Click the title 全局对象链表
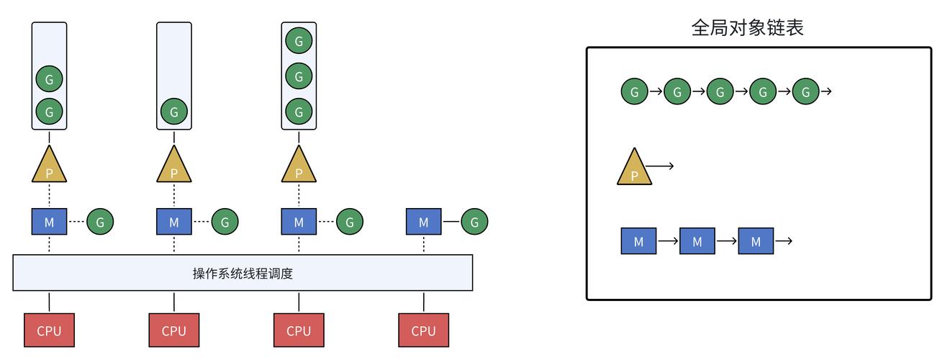point(747,28)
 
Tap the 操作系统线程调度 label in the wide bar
point(243,273)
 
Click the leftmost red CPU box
point(49,330)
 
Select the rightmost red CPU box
point(423,330)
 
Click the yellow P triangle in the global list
point(634,169)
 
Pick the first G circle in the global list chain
point(635,92)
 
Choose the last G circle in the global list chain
point(806,92)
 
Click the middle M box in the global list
point(697,241)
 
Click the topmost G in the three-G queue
point(299,40)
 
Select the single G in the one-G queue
point(173,112)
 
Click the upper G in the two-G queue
point(49,78)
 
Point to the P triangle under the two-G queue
point(49,166)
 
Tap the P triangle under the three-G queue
point(299,166)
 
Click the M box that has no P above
point(423,222)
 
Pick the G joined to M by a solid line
point(474,222)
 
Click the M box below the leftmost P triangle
point(49,222)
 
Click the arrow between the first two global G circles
point(656,92)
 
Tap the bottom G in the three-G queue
point(299,112)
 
